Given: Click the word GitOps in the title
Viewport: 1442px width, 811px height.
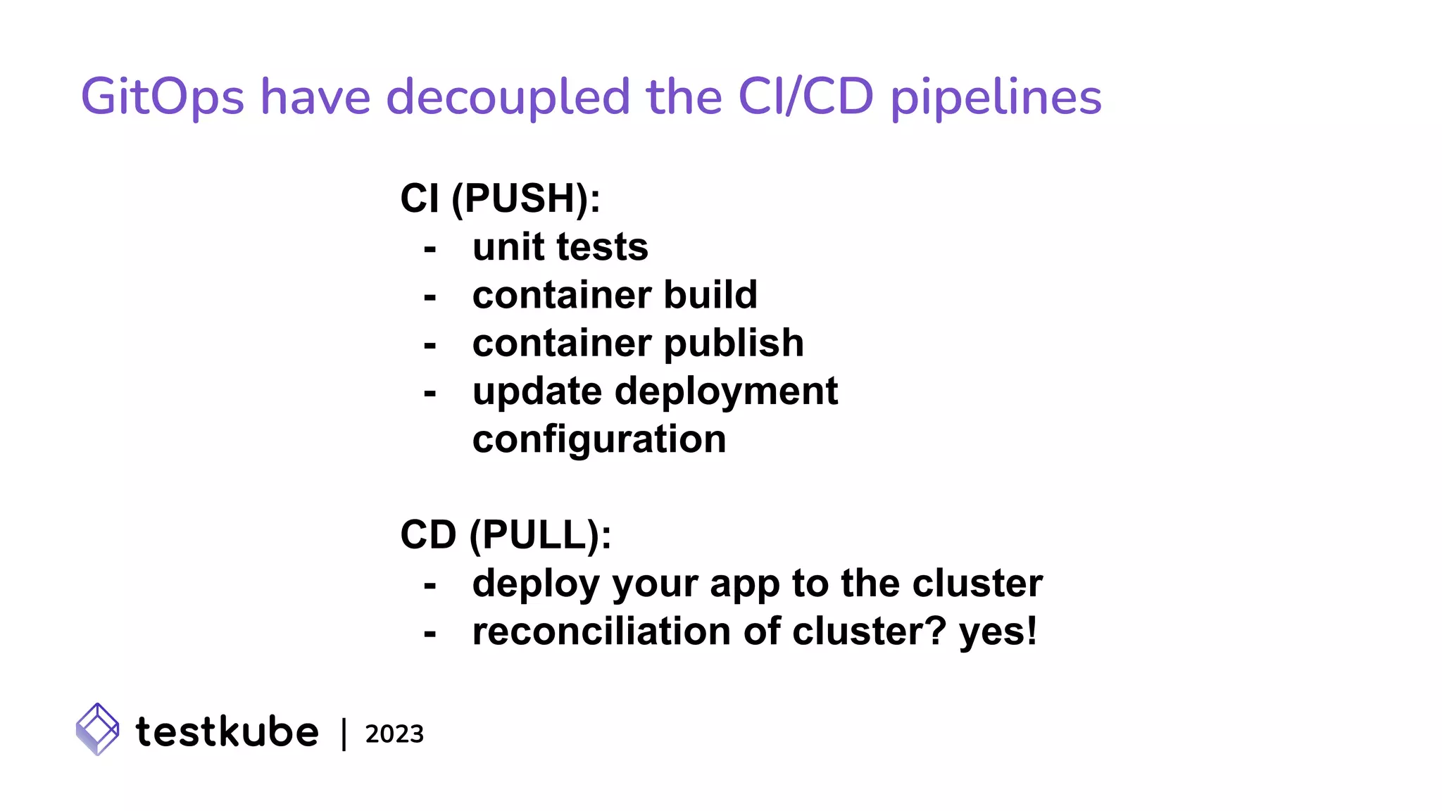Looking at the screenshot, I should point(162,97).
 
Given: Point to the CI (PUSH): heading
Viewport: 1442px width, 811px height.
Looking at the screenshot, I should point(500,199).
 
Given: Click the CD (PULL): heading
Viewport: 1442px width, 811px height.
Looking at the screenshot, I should point(506,535).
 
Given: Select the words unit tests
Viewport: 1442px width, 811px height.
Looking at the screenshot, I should point(560,247).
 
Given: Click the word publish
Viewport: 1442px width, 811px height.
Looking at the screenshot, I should point(733,344).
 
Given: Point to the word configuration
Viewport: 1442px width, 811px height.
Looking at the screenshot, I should point(598,440).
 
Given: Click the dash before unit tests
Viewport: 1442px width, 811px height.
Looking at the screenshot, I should point(430,249).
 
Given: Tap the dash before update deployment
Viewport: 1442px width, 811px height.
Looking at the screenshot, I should point(430,393).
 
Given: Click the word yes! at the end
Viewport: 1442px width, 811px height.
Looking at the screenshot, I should point(998,632).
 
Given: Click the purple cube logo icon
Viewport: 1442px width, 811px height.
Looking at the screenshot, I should point(97,729).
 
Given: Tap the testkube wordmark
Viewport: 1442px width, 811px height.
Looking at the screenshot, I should point(227,731).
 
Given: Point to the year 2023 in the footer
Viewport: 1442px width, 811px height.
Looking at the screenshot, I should point(394,734).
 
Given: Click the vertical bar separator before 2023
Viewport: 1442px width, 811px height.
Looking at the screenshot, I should point(344,734).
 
